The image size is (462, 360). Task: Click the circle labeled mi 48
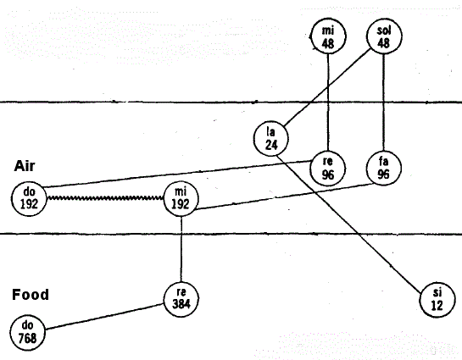(x=328, y=36)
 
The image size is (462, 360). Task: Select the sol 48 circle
(x=384, y=36)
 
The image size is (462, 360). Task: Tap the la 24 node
(x=270, y=138)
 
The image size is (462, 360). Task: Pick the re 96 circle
(x=328, y=169)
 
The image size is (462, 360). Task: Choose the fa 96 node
(x=383, y=168)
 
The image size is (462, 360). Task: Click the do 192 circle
(x=29, y=199)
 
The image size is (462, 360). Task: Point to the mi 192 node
(x=181, y=199)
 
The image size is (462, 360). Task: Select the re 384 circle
(x=181, y=299)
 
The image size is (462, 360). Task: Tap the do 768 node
(x=27, y=333)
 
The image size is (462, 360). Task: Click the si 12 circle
(x=437, y=300)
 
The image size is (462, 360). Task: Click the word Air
(x=25, y=166)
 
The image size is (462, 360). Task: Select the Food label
(x=31, y=295)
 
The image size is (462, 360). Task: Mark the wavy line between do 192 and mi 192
(x=105, y=198)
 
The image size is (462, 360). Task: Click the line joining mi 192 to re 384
(x=181, y=249)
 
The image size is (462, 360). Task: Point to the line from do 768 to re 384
(x=104, y=316)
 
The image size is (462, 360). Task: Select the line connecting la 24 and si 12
(x=349, y=224)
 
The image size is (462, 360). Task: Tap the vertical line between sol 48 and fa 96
(x=383, y=102)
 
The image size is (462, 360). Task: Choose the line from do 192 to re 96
(x=177, y=174)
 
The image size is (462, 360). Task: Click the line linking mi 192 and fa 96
(x=283, y=197)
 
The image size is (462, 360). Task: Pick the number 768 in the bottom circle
(x=27, y=338)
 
